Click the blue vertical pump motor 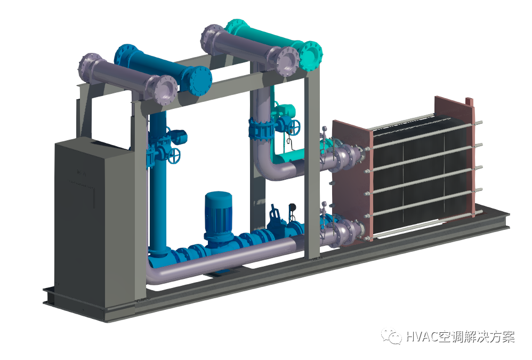point(218,212)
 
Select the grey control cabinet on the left point(95,221)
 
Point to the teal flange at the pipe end point(311,57)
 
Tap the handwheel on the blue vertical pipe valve point(175,156)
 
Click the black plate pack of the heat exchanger point(421,177)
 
